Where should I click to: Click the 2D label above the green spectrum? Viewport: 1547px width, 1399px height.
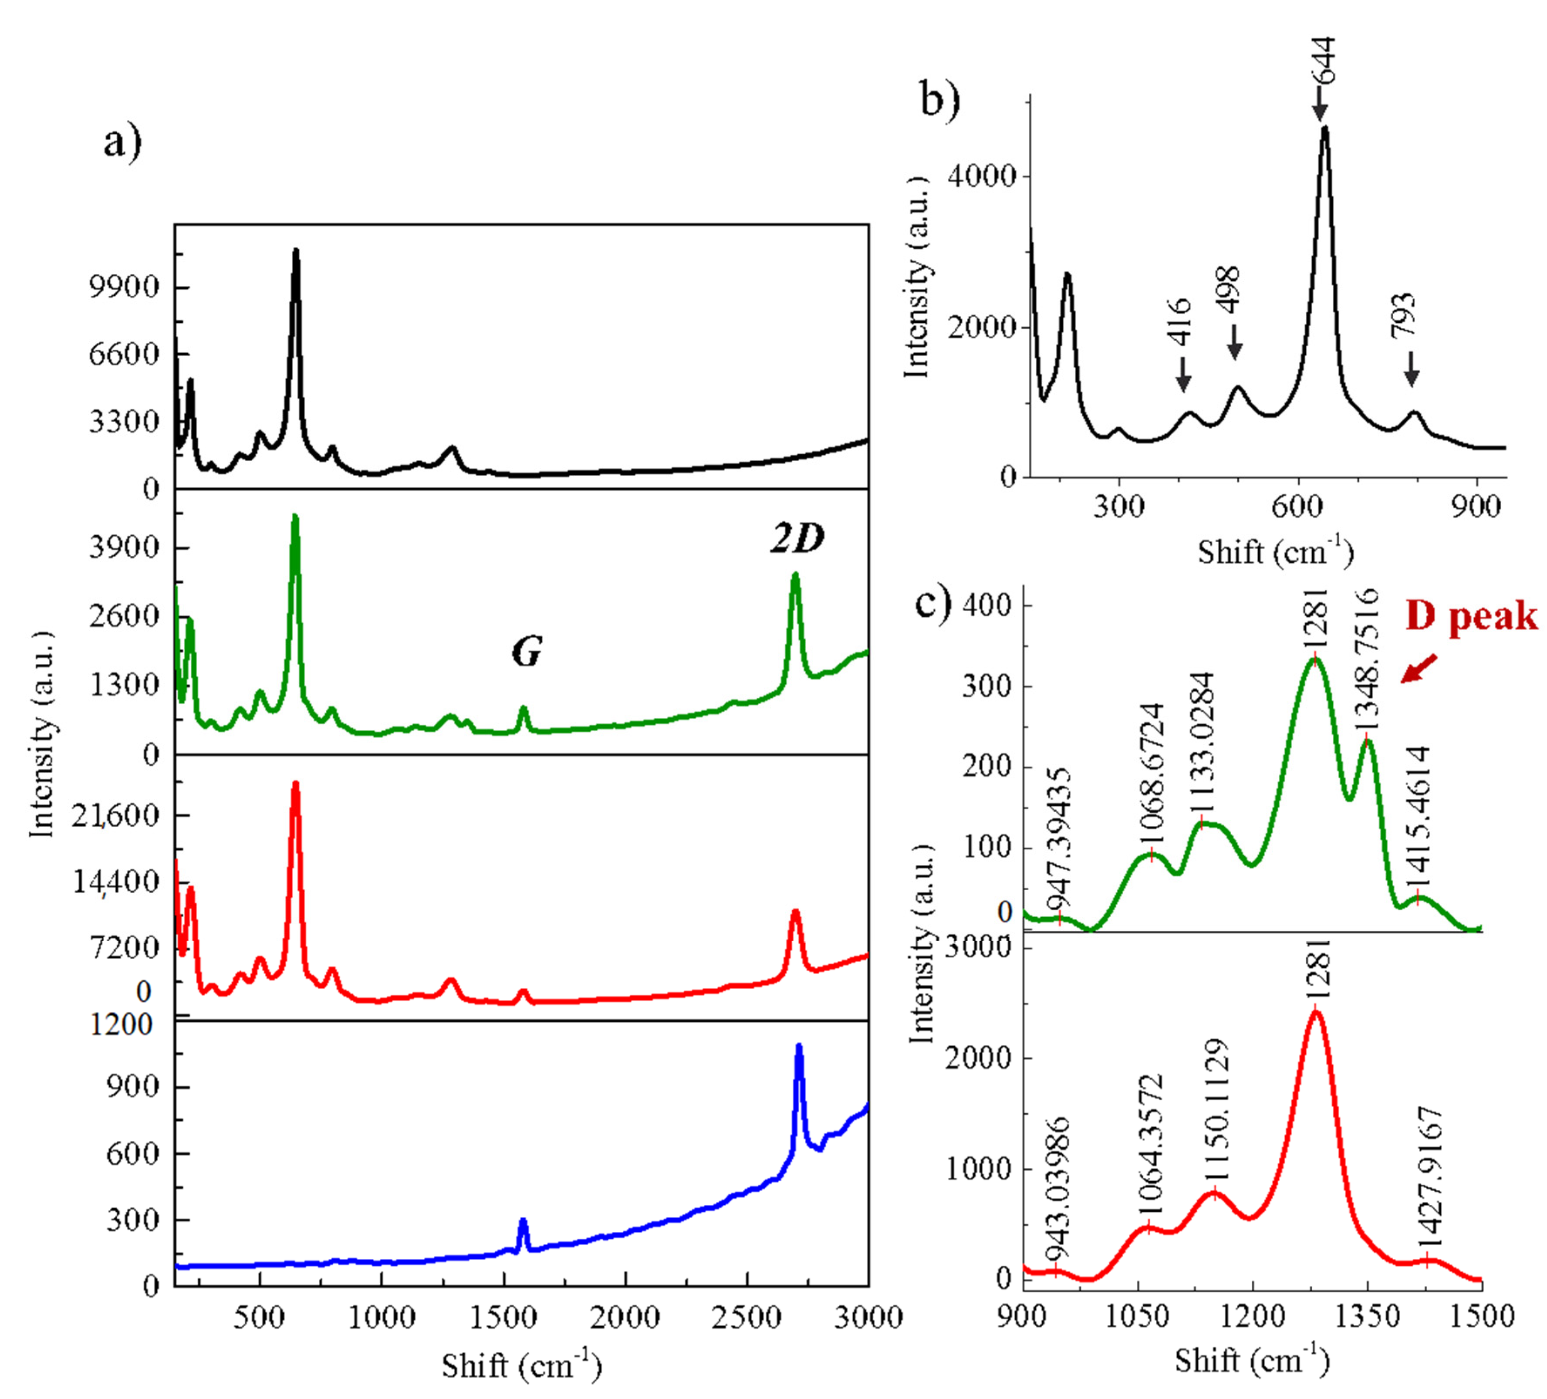797,540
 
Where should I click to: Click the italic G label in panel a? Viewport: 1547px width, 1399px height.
527,652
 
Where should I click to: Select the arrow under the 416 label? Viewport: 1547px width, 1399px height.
1182,375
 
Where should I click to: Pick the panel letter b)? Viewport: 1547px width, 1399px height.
940,100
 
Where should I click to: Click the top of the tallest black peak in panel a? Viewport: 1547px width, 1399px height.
295,250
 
